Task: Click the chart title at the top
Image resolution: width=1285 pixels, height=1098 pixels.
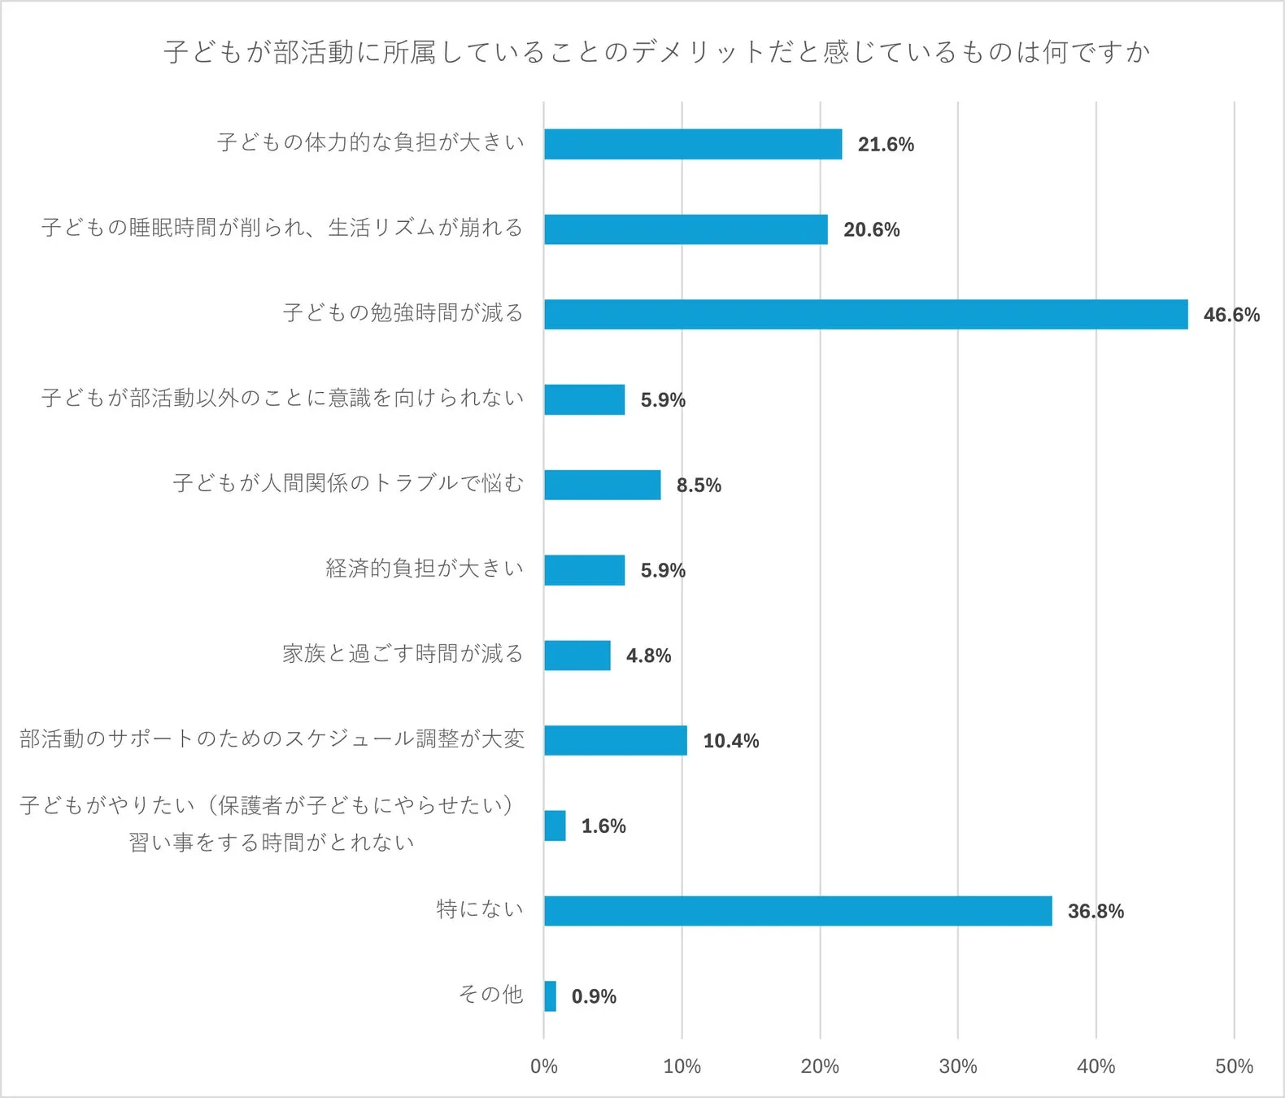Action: pyautogui.click(x=656, y=52)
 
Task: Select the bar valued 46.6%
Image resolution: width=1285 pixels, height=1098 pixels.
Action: pyautogui.click(x=865, y=315)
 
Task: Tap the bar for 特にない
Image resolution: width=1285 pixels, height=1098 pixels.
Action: pyautogui.click(x=798, y=911)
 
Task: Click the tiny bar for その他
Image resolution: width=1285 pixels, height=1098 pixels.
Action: pyautogui.click(x=551, y=996)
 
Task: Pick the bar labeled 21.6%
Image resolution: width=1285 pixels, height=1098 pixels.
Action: pyautogui.click(x=693, y=144)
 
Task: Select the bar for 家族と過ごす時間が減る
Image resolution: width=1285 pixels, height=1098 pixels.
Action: pyautogui.click(x=577, y=656)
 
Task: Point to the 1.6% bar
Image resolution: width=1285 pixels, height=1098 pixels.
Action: pyautogui.click(x=555, y=826)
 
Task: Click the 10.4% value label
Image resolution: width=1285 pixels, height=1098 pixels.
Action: pyautogui.click(x=730, y=741)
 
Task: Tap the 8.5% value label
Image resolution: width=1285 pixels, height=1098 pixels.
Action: pyautogui.click(x=699, y=486)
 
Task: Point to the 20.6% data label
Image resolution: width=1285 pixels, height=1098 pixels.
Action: pyautogui.click(x=871, y=229)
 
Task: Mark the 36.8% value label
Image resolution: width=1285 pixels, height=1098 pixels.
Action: pyautogui.click(x=1096, y=911)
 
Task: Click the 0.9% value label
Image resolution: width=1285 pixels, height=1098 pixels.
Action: pyautogui.click(x=594, y=996)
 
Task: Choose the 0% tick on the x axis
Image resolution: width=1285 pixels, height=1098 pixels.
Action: pyautogui.click(x=543, y=1066)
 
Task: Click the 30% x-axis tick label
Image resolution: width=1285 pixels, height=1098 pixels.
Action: pyautogui.click(x=957, y=1066)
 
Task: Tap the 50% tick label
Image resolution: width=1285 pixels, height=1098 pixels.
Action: pyautogui.click(x=1233, y=1066)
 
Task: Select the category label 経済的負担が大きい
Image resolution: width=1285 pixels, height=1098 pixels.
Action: pyautogui.click(x=425, y=568)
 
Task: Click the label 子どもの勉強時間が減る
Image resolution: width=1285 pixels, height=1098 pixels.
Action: pyautogui.click(x=403, y=312)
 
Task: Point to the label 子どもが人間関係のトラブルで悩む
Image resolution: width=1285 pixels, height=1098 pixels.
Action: pyautogui.click(x=348, y=483)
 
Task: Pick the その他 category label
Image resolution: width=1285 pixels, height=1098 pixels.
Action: pyautogui.click(x=490, y=994)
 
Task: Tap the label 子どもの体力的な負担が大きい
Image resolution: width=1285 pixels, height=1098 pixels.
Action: pyautogui.click(x=371, y=142)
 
